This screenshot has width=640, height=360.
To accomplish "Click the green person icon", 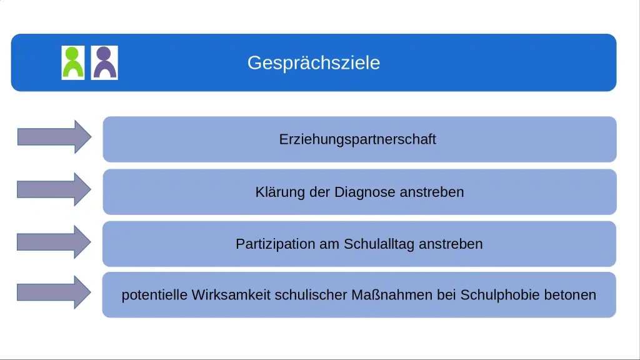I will [x=72, y=62].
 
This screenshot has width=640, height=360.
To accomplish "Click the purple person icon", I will [x=104, y=62].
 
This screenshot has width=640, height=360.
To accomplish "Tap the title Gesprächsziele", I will [x=313, y=63].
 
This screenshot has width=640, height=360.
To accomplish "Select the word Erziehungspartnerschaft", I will [x=357, y=139].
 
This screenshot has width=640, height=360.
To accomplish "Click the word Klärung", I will [x=280, y=192].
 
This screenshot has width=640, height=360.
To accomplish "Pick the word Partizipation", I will [x=276, y=244].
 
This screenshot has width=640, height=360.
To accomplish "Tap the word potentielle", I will [x=154, y=295].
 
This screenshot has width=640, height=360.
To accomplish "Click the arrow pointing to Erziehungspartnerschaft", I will [x=54, y=137].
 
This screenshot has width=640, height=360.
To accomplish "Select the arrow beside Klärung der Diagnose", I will [x=54, y=189].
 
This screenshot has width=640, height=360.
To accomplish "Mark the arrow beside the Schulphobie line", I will [x=54, y=292].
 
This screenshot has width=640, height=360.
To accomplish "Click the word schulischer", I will [x=302, y=295].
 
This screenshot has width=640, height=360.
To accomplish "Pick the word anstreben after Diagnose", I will [x=432, y=192].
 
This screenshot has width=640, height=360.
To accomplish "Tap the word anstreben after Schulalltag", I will [x=451, y=244].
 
